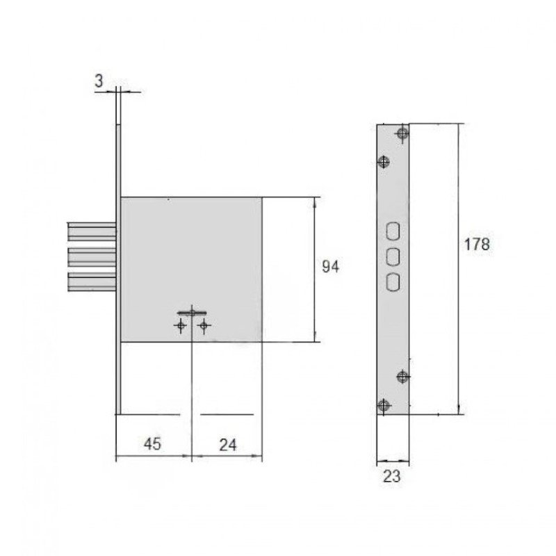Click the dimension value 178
pyautogui.click(x=477, y=245)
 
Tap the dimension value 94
pyautogui.click(x=330, y=266)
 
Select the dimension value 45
pyautogui.click(x=152, y=443)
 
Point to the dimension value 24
pyautogui.click(x=228, y=445)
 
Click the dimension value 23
pyautogui.click(x=391, y=476)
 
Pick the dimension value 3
pyautogui.click(x=99, y=81)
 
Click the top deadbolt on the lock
pyautogui.click(x=92, y=231)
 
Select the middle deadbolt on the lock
pyautogui.click(x=92, y=257)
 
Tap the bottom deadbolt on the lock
pyautogui.click(x=92, y=282)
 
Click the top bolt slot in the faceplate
pyautogui.click(x=393, y=231)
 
